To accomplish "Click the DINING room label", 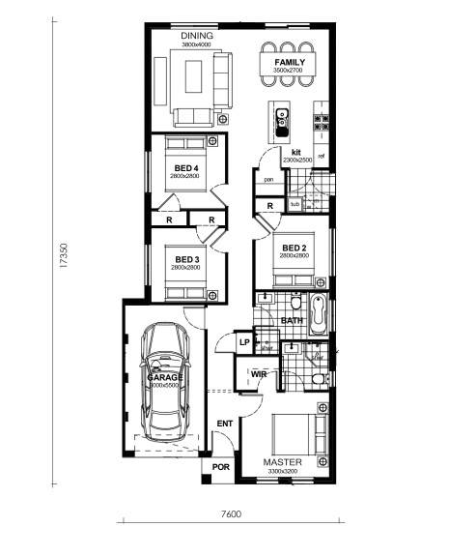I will [197, 36].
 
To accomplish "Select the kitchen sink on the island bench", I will [284, 121].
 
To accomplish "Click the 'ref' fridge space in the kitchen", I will [322, 155].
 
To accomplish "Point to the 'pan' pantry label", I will [269, 179].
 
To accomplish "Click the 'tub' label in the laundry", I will [295, 204].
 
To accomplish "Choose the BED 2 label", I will [295, 249].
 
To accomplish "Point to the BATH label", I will [292, 320].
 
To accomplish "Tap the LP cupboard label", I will [244, 342].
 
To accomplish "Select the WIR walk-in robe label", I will [259, 373].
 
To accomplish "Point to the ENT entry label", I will [224, 424].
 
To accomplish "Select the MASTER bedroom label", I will [283, 463].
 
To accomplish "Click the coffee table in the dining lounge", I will [194, 75].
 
